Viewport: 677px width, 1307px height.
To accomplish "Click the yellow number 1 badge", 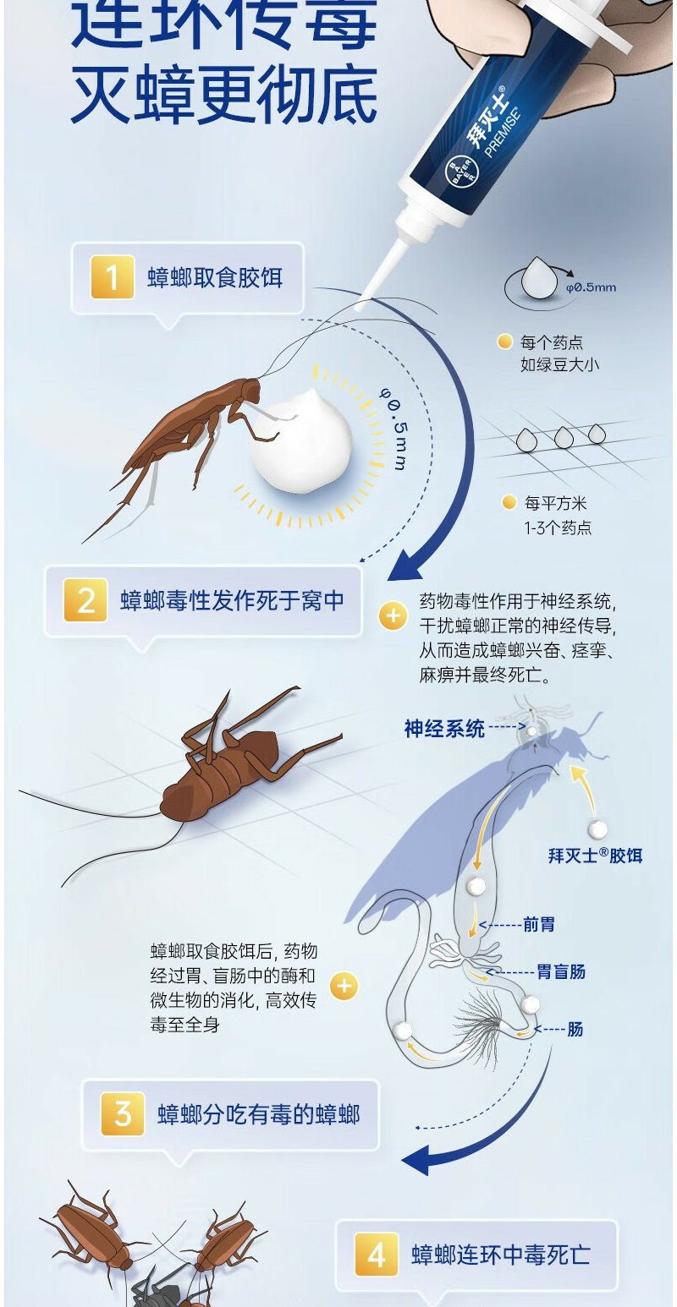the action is click(x=113, y=277).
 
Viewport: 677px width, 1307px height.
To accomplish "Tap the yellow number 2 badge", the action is click(x=86, y=600).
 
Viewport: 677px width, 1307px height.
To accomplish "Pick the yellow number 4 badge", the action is click(x=377, y=1254).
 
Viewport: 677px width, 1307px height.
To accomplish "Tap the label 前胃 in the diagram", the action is click(x=539, y=925).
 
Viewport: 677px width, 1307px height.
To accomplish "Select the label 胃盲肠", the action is click(x=561, y=971).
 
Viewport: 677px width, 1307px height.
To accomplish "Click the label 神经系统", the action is click(x=444, y=728).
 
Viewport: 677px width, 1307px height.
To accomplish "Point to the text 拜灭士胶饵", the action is click(x=595, y=856).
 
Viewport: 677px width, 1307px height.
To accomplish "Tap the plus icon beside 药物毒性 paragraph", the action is click(x=393, y=615).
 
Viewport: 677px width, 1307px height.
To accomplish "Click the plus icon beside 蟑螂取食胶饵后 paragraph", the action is click(x=344, y=986).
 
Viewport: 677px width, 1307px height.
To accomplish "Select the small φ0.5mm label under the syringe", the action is click(x=591, y=287).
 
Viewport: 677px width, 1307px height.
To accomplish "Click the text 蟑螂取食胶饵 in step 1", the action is click(x=215, y=277).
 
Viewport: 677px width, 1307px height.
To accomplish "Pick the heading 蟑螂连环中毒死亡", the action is click(x=500, y=1254).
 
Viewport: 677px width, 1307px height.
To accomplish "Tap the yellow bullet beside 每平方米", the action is click(x=508, y=503).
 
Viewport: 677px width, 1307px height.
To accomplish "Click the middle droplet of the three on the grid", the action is click(x=564, y=437).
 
